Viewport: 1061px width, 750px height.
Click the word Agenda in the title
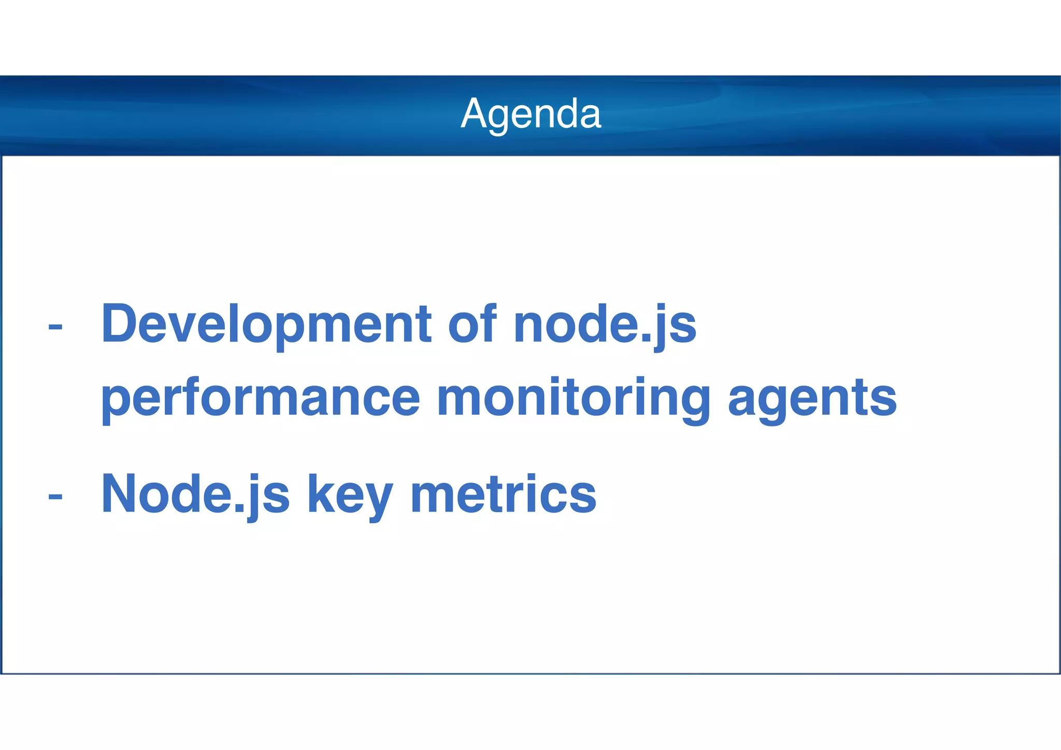pos(530,114)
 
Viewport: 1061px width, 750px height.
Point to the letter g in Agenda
pos(498,118)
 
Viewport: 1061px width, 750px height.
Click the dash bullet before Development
pos(55,327)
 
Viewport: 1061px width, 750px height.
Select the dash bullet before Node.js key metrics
pos(55,497)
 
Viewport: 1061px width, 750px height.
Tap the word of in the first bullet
pos(472,324)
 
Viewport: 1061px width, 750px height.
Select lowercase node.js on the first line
pos(605,326)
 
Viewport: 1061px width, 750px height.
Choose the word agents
pos(812,398)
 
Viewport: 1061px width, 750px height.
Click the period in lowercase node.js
pos(645,339)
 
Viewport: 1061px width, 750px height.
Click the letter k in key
pos(318,493)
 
